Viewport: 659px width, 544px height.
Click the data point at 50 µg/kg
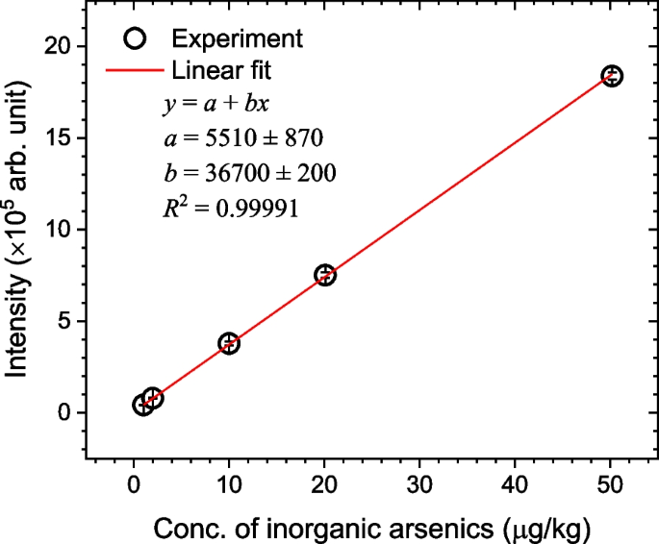(x=612, y=76)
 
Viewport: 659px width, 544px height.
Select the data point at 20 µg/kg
(x=325, y=275)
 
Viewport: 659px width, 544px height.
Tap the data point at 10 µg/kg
(x=229, y=343)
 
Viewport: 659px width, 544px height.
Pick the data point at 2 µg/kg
(x=153, y=398)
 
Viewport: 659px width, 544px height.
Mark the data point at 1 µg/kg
(x=142, y=406)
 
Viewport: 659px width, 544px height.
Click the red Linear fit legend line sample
(x=134, y=70)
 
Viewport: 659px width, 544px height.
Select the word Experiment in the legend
(x=238, y=38)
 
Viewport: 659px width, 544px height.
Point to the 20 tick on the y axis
(x=61, y=46)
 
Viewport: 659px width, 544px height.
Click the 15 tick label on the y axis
(x=61, y=137)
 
